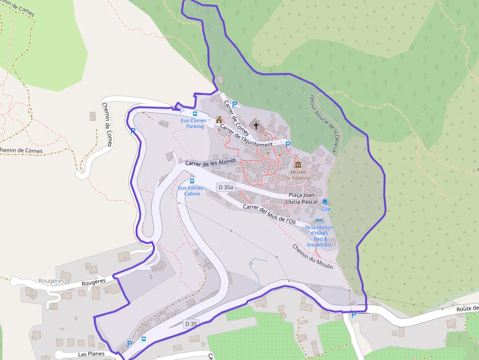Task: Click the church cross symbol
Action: pyautogui.click(x=256, y=126)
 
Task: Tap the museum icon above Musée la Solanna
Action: pyautogui.click(x=298, y=165)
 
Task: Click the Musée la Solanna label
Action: pyautogui.click(x=298, y=175)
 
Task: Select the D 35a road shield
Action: pyautogui.click(x=226, y=187)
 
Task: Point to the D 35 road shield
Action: pyautogui.click(x=191, y=323)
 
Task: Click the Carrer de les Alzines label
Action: pyautogui.click(x=210, y=162)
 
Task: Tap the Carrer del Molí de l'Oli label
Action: pyautogui.click(x=269, y=214)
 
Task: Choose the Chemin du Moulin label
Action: pyautogui.click(x=313, y=256)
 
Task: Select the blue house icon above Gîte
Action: pyautogui.click(x=325, y=201)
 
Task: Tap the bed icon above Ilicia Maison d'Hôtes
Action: pyautogui.click(x=319, y=221)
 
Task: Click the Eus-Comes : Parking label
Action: pyautogui.click(x=195, y=123)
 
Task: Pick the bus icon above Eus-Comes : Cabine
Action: pyautogui.click(x=192, y=181)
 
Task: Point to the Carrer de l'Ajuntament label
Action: pyautogui.click(x=246, y=136)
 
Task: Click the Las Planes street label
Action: pyautogui.click(x=91, y=354)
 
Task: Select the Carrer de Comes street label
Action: pyautogui.click(x=237, y=118)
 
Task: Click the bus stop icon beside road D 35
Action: pyautogui.click(x=143, y=339)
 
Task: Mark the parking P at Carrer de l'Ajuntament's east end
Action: pyautogui.click(x=288, y=144)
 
